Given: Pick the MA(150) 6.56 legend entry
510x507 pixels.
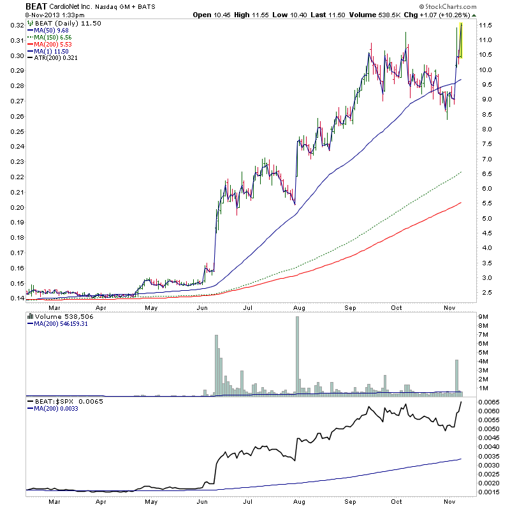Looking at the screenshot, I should point(55,37).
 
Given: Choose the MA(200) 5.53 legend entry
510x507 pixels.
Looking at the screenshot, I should point(55,45).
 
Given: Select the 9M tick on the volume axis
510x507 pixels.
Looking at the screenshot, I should point(483,316).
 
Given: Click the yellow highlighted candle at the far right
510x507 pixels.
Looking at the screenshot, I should point(460,41).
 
